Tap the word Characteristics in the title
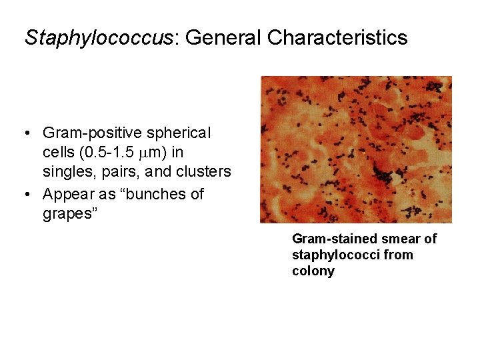[x=337, y=37]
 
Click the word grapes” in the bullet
[x=69, y=215]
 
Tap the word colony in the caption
[x=313, y=271]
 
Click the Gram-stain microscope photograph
[x=355, y=149]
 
